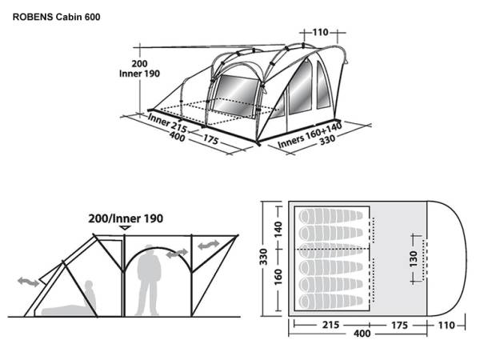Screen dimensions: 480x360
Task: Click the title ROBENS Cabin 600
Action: click(x=56, y=17)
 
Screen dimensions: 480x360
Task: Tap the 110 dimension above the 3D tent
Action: click(x=320, y=32)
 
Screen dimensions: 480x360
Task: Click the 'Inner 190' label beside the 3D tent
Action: click(x=139, y=74)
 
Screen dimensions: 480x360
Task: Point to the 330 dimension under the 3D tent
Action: click(x=327, y=140)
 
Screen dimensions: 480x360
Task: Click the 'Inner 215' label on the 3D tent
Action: click(x=167, y=122)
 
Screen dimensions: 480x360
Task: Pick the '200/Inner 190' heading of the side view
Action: click(x=126, y=218)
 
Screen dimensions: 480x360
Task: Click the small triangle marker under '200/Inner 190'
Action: click(x=126, y=228)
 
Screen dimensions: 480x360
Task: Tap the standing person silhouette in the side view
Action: click(x=149, y=280)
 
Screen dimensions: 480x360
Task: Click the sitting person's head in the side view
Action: click(x=89, y=285)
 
